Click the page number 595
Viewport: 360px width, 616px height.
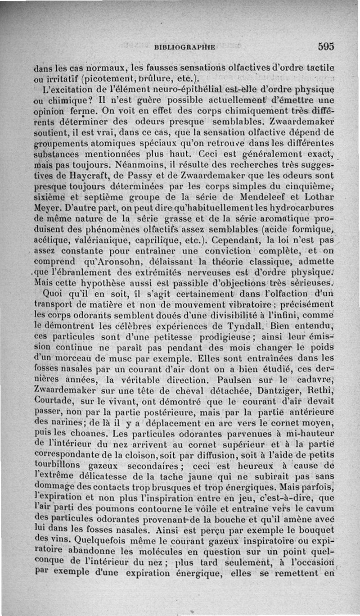pyautogui.click(x=325, y=46)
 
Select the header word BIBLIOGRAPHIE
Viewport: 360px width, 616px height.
pyautogui.click(x=184, y=46)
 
